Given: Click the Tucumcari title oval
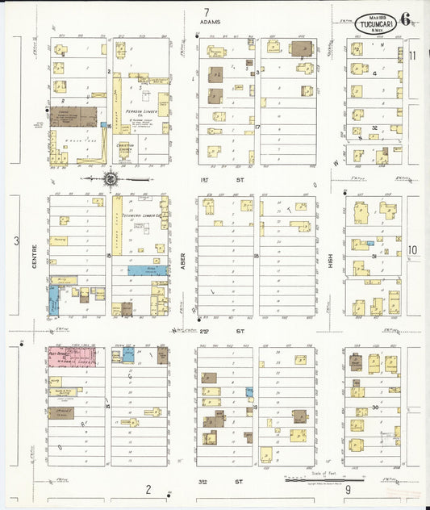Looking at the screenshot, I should [x=377, y=23].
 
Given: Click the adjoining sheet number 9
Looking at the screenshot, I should [x=348, y=489].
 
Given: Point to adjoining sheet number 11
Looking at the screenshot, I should [x=411, y=56].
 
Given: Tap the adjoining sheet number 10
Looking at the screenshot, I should [x=411, y=250].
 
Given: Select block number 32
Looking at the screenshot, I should [x=374, y=127].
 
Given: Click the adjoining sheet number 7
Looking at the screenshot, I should [x=207, y=12].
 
